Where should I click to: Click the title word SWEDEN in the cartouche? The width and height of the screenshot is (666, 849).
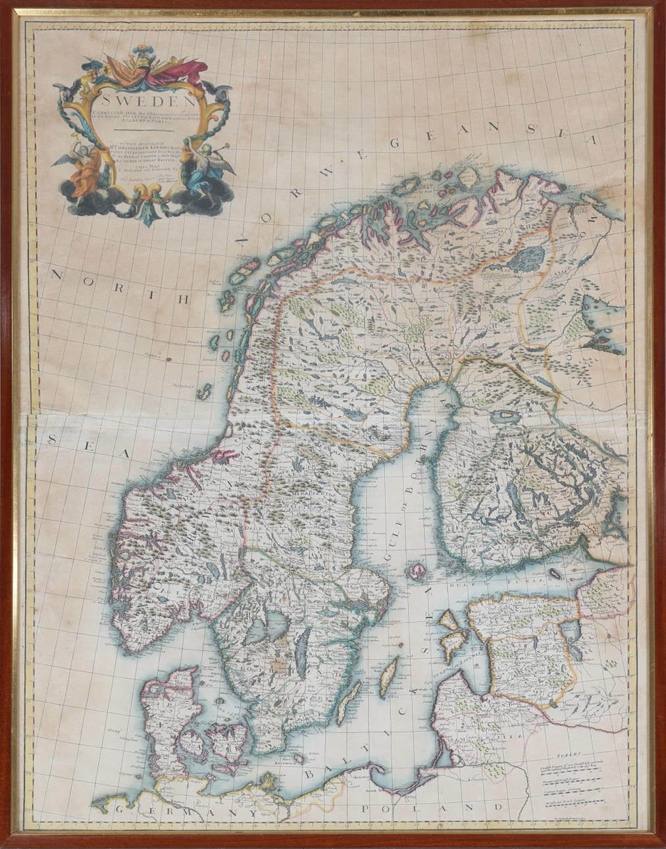click(x=143, y=102)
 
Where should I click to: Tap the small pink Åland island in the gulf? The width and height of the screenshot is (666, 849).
click(x=415, y=571)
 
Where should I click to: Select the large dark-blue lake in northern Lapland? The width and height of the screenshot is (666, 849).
click(x=530, y=259)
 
